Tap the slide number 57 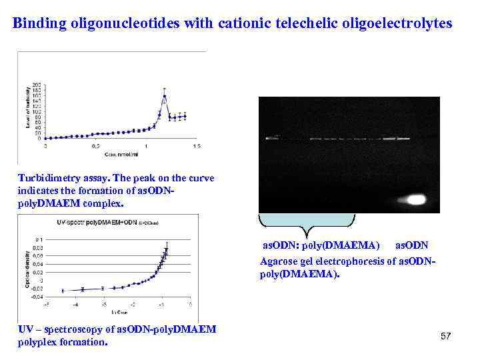pos(445,337)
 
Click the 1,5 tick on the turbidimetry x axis pos(197,145)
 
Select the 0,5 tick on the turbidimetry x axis pos(96,145)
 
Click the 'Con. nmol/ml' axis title pos(118,153)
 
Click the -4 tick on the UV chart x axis pos(75,305)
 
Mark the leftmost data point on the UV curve pos(63,291)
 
